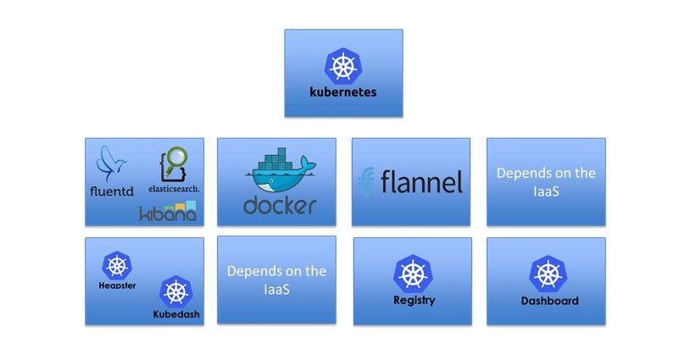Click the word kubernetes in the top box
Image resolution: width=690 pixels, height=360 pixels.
coord(342,91)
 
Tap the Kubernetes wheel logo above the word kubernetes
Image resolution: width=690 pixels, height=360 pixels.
coord(342,65)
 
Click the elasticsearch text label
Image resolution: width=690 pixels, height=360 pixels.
coord(174,187)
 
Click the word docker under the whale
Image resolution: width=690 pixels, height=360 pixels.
coord(280,205)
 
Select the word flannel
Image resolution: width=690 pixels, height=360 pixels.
coord(421,181)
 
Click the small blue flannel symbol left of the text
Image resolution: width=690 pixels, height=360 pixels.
coord(367,181)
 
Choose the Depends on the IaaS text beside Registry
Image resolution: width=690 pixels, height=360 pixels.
coord(276,280)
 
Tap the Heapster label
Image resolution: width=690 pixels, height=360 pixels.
coord(117,285)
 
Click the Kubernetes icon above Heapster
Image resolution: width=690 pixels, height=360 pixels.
coord(117,265)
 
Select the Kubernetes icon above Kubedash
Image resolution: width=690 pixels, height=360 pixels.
coord(175,291)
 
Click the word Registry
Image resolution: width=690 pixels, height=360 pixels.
coord(414,300)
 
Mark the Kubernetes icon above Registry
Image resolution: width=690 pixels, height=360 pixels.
coord(412,274)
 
